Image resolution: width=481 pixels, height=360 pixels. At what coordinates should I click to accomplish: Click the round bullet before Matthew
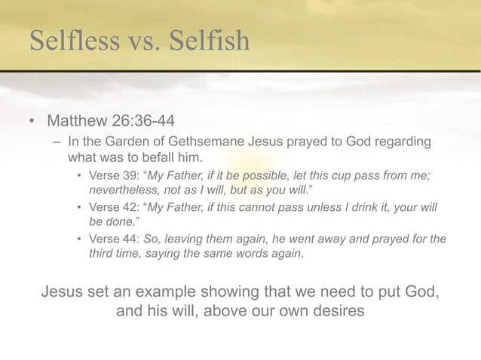click(x=32, y=122)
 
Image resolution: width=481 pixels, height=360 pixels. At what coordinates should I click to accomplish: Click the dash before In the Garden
click(x=57, y=142)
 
